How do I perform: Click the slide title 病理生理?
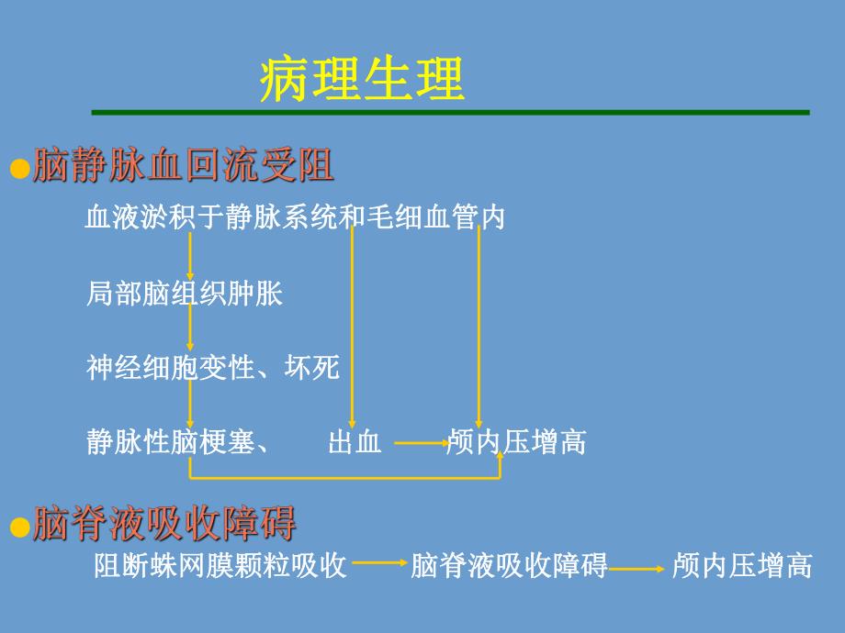[362, 80]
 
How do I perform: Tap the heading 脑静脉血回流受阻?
[183, 167]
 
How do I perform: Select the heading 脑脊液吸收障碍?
[164, 525]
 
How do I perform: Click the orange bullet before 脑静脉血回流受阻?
[19, 170]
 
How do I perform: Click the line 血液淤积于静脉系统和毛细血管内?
[295, 218]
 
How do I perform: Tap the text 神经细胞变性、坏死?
[213, 368]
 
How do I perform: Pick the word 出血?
[355, 442]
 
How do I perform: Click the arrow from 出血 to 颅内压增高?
[421, 443]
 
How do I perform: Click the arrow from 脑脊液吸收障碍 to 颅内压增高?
[637, 569]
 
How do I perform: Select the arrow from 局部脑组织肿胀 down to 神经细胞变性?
[190, 330]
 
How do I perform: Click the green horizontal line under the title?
[450, 112]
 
